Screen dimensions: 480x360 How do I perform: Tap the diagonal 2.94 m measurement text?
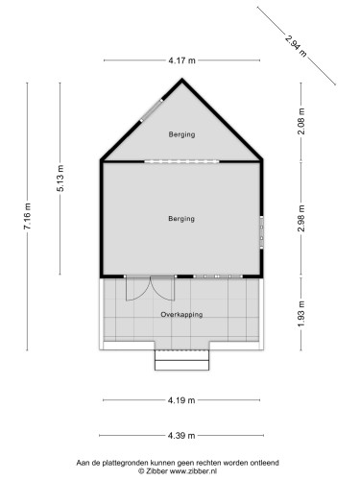[296, 44]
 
